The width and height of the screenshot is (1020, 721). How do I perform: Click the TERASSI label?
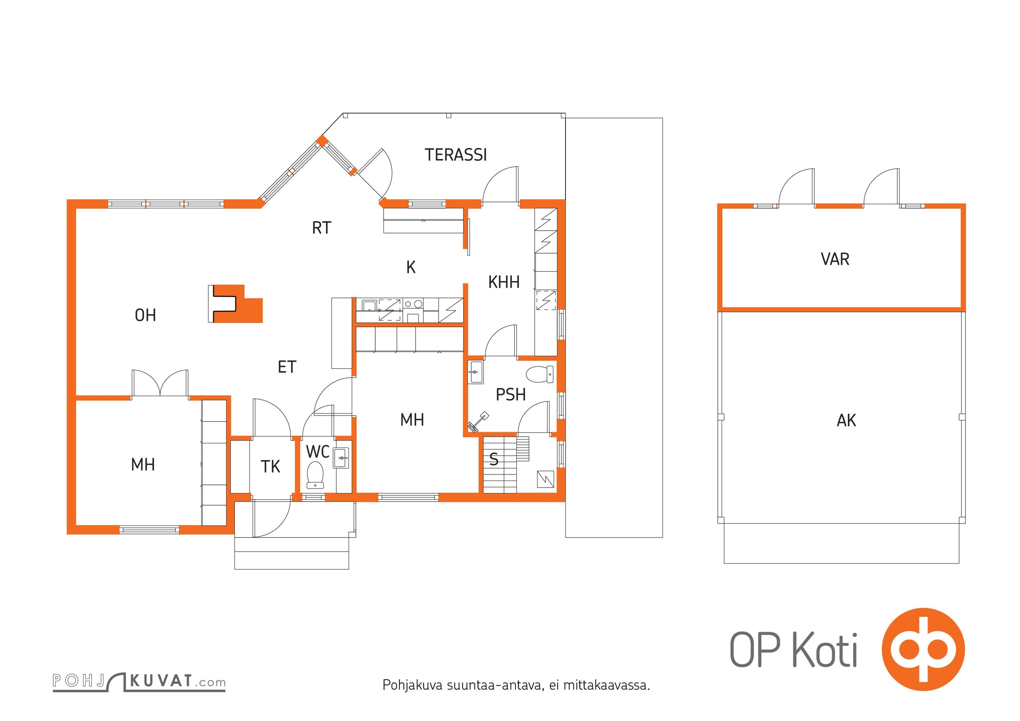coord(455,155)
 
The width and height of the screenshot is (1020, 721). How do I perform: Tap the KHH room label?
coord(504,282)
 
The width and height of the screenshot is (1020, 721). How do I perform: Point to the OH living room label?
coord(145,315)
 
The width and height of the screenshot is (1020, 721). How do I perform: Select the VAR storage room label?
coord(835,259)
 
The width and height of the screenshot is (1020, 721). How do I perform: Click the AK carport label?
coord(846,420)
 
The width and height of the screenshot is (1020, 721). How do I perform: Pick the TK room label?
coord(270,466)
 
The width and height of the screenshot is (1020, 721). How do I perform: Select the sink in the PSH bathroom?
coord(475,372)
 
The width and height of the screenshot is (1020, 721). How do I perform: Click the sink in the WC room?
coord(341,458)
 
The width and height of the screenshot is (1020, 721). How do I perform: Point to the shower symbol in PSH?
coord(478,421)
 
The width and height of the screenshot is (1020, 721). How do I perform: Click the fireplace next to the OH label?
coord(235,304)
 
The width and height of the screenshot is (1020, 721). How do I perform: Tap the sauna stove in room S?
coord(545,479)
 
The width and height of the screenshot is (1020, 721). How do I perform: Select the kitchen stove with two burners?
coord(413,304)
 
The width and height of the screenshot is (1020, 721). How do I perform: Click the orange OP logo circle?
coord(923,649)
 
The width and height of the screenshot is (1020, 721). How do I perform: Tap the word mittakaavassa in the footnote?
coord(606,685)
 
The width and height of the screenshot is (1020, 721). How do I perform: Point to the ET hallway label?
coord(287,367)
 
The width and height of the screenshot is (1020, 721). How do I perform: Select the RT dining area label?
coord(322,228)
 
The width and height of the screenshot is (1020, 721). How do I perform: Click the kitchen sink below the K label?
coord(369,306)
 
